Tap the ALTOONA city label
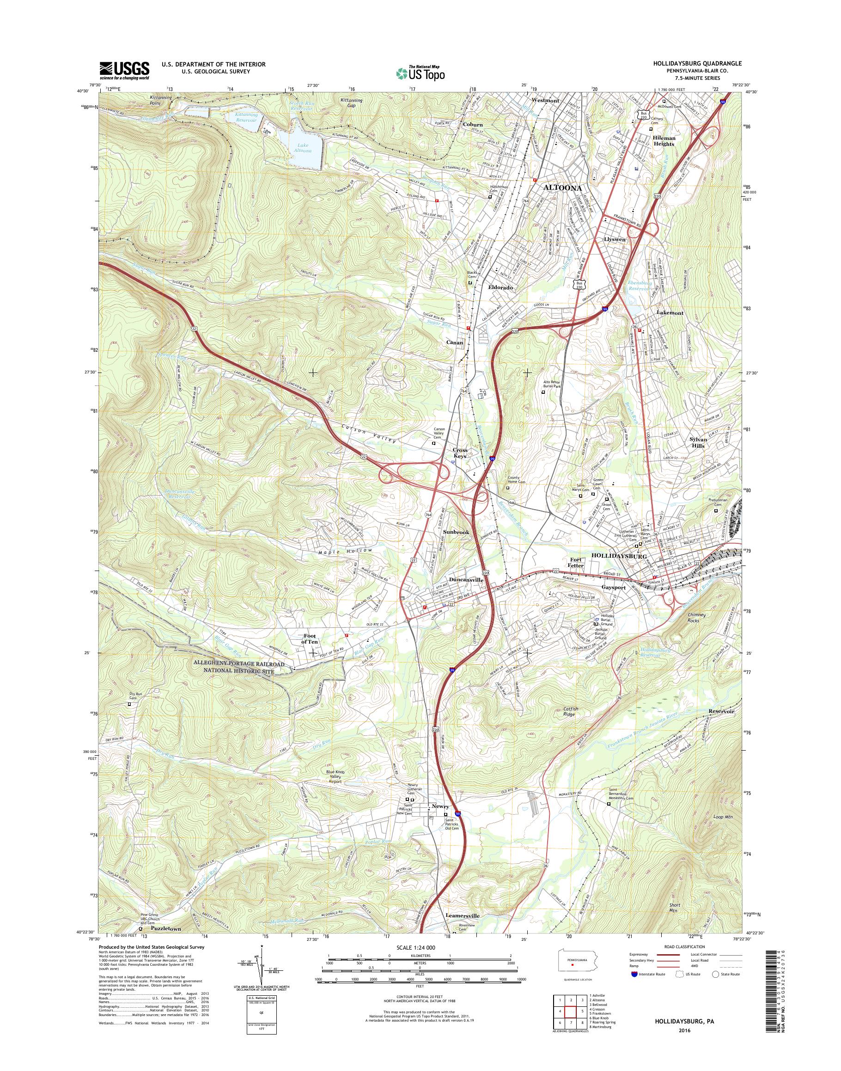(562, 188)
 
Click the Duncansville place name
(466, 580)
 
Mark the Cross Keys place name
(460, 453)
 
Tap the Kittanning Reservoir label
(239, 117)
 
